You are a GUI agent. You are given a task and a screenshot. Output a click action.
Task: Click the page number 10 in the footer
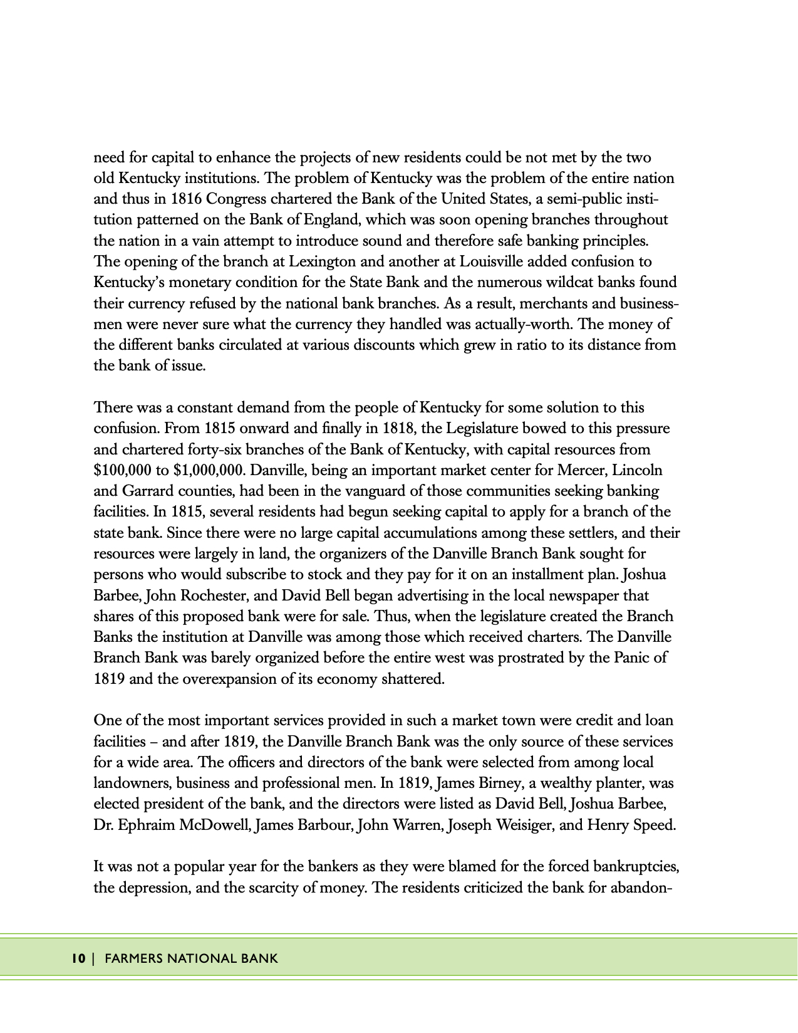[x=78, y=958]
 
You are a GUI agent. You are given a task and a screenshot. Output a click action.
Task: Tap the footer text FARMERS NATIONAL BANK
[x=191, y=958]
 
